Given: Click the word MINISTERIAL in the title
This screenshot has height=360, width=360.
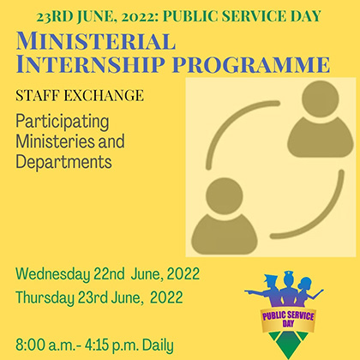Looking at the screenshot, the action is (96, 41).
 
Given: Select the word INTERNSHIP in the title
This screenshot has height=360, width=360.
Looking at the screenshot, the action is (90, 63).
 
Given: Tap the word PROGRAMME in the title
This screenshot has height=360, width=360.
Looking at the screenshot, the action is (251, 64).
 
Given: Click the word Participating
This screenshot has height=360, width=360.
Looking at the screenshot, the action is (63, 122).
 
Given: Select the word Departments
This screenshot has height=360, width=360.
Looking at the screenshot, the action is (63, 162).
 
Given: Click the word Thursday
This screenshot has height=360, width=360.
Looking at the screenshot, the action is (45, 297).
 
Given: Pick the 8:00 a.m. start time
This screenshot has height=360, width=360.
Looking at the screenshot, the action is (45, 345).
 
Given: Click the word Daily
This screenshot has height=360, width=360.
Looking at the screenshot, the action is (158, 345).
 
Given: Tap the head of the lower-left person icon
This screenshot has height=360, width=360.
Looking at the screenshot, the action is (225, 196).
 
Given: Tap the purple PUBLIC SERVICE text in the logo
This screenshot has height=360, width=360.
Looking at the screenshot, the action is (288, 316).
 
